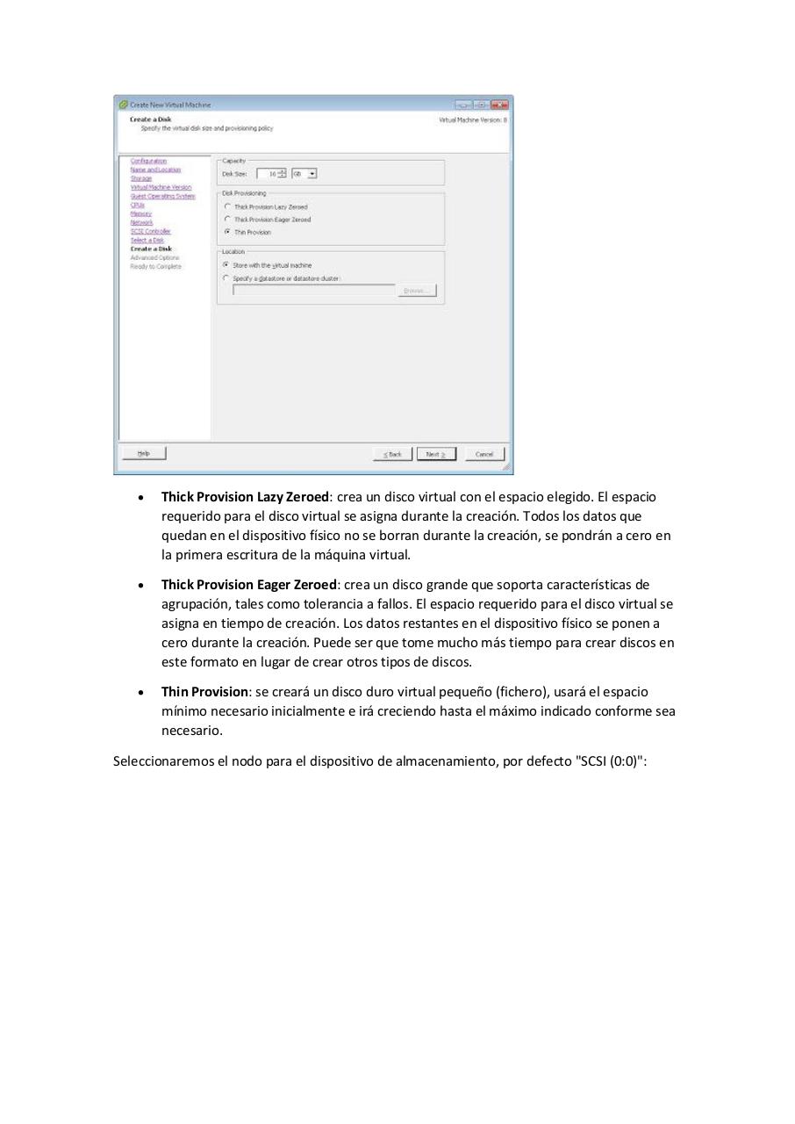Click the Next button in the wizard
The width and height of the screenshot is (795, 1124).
436,454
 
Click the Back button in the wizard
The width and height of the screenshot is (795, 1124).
391,454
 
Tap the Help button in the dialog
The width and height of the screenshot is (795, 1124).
144,453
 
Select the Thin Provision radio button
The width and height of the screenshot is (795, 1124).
227,233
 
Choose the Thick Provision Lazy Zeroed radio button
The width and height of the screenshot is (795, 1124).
227,206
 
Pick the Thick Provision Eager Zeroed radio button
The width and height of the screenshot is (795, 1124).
227,220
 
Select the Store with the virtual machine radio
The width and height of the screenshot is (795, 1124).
226,265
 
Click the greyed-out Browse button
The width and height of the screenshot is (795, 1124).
417,291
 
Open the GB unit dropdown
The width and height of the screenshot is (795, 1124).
304,174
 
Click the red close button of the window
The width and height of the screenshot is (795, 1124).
500,104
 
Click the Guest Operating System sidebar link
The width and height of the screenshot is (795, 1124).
162,196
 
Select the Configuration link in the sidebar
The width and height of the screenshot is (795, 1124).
148,161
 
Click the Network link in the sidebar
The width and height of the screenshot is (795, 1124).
141,222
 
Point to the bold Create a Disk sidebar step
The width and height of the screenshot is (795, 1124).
151,249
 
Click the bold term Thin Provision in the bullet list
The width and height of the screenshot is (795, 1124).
204,692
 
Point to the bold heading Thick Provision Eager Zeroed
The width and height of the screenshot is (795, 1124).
248,585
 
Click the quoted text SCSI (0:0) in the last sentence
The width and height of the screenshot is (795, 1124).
609,761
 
